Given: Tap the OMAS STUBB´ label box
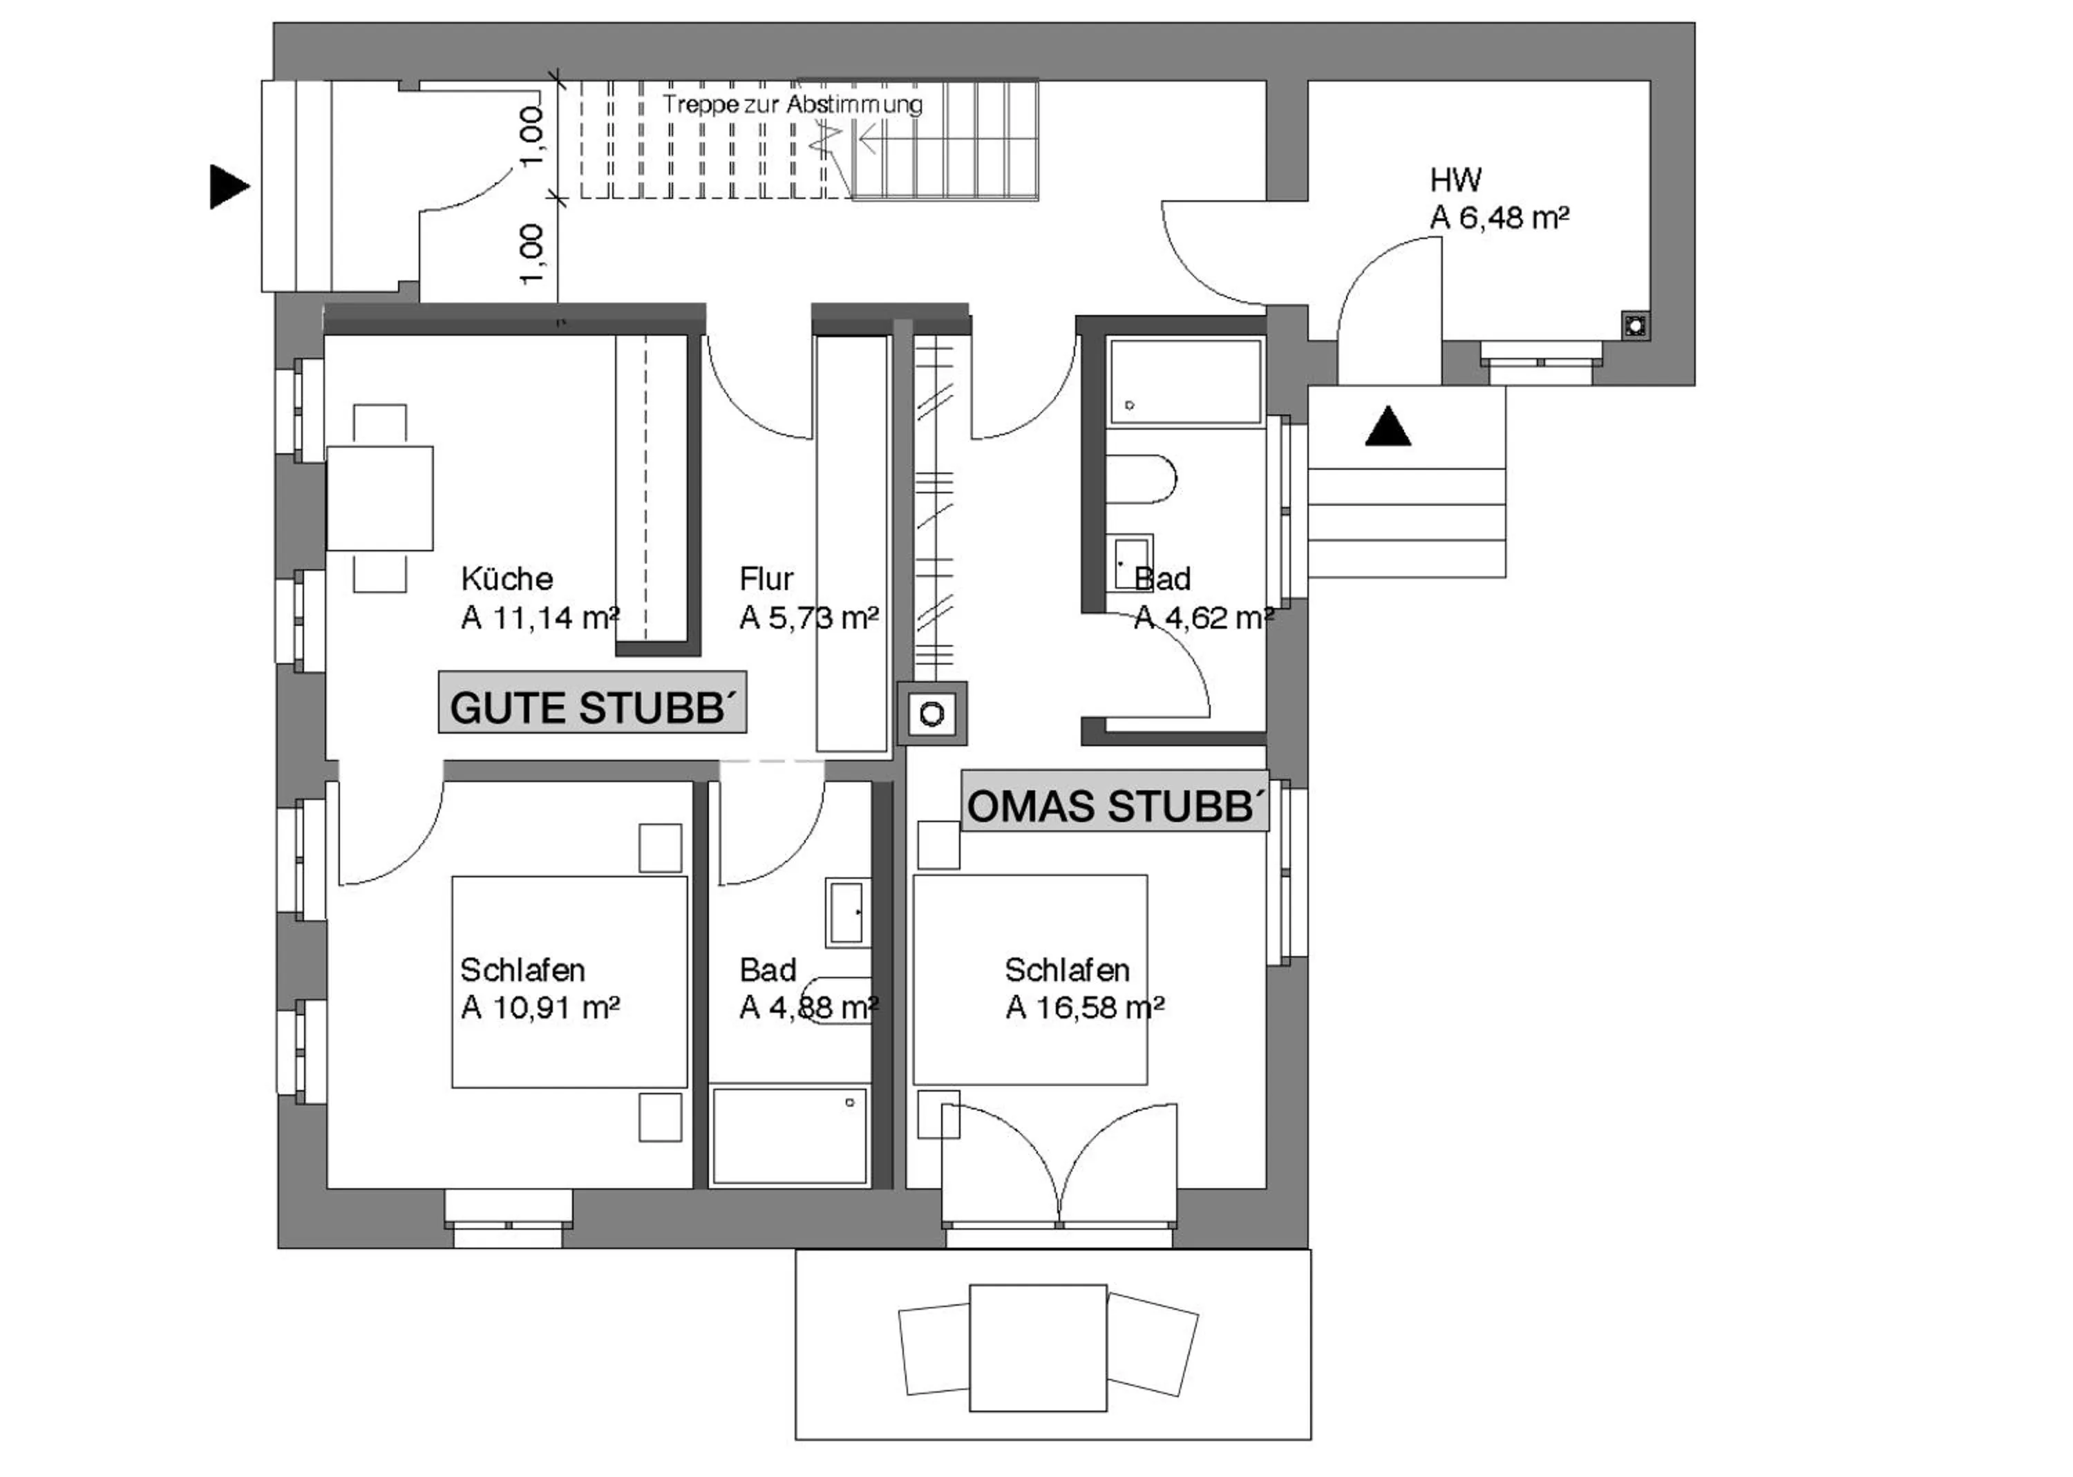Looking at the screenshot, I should (1115, 801).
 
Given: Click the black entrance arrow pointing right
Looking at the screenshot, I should (227, 187).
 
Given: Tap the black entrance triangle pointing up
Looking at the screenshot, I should (1387, 428).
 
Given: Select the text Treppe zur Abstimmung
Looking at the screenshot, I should (791, 104).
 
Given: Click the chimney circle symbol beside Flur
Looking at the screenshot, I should (931, 714).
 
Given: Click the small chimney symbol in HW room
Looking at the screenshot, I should (1635, 325).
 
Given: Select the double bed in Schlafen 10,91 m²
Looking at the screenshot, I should (569, 982).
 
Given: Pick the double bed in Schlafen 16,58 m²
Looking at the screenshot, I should (1030, 980).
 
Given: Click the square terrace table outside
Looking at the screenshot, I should (1038, 1347).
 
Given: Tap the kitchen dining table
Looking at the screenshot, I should (379, 497).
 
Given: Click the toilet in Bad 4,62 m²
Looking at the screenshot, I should (1139, 478).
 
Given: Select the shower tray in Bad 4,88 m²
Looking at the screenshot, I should (788, 1135).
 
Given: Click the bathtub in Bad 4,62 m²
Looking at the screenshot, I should (1185, 381).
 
